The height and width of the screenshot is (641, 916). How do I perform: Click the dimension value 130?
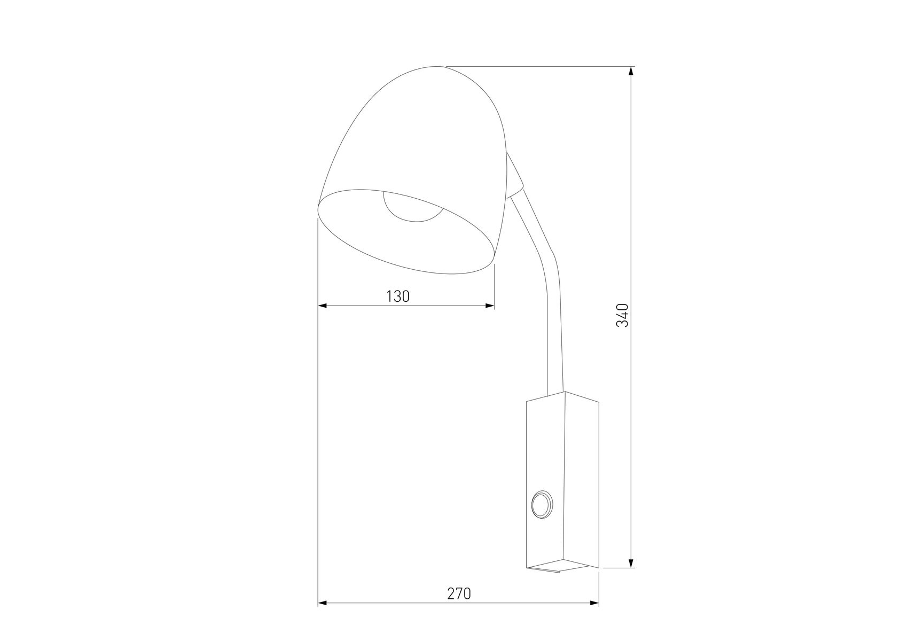click(x=397, y=296)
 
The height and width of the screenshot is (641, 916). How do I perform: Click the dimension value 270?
click(x=459, y=593)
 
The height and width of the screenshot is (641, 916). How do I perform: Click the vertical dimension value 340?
click(x=622, y=315)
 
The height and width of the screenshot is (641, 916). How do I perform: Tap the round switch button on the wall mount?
click(x=543, y=504)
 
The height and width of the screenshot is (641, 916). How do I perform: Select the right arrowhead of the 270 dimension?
click(x=594, y=603)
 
